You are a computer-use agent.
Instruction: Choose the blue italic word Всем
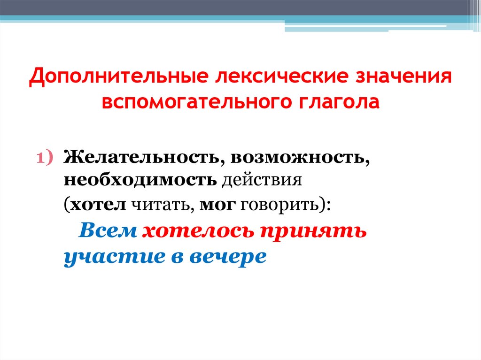(x=108, y=231)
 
